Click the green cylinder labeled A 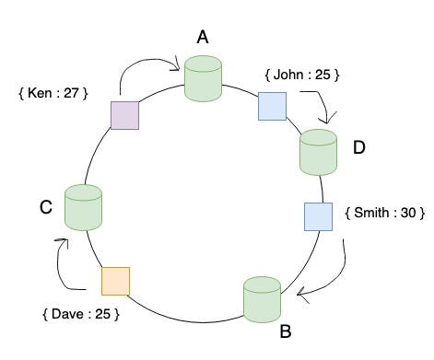[203, 78]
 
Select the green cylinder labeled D [319, 152]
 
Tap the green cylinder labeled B [262, 299]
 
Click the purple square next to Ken [124, 114]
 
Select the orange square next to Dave [115, 281]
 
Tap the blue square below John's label [272, 107]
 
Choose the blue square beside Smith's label [318, 216]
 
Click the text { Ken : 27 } [53, 93]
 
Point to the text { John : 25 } [301, 74]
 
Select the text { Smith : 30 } [384, 213]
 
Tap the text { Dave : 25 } [81, 315]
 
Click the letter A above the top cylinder [203, 37]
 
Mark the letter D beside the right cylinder [359, 147]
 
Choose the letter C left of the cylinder [44, 208]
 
